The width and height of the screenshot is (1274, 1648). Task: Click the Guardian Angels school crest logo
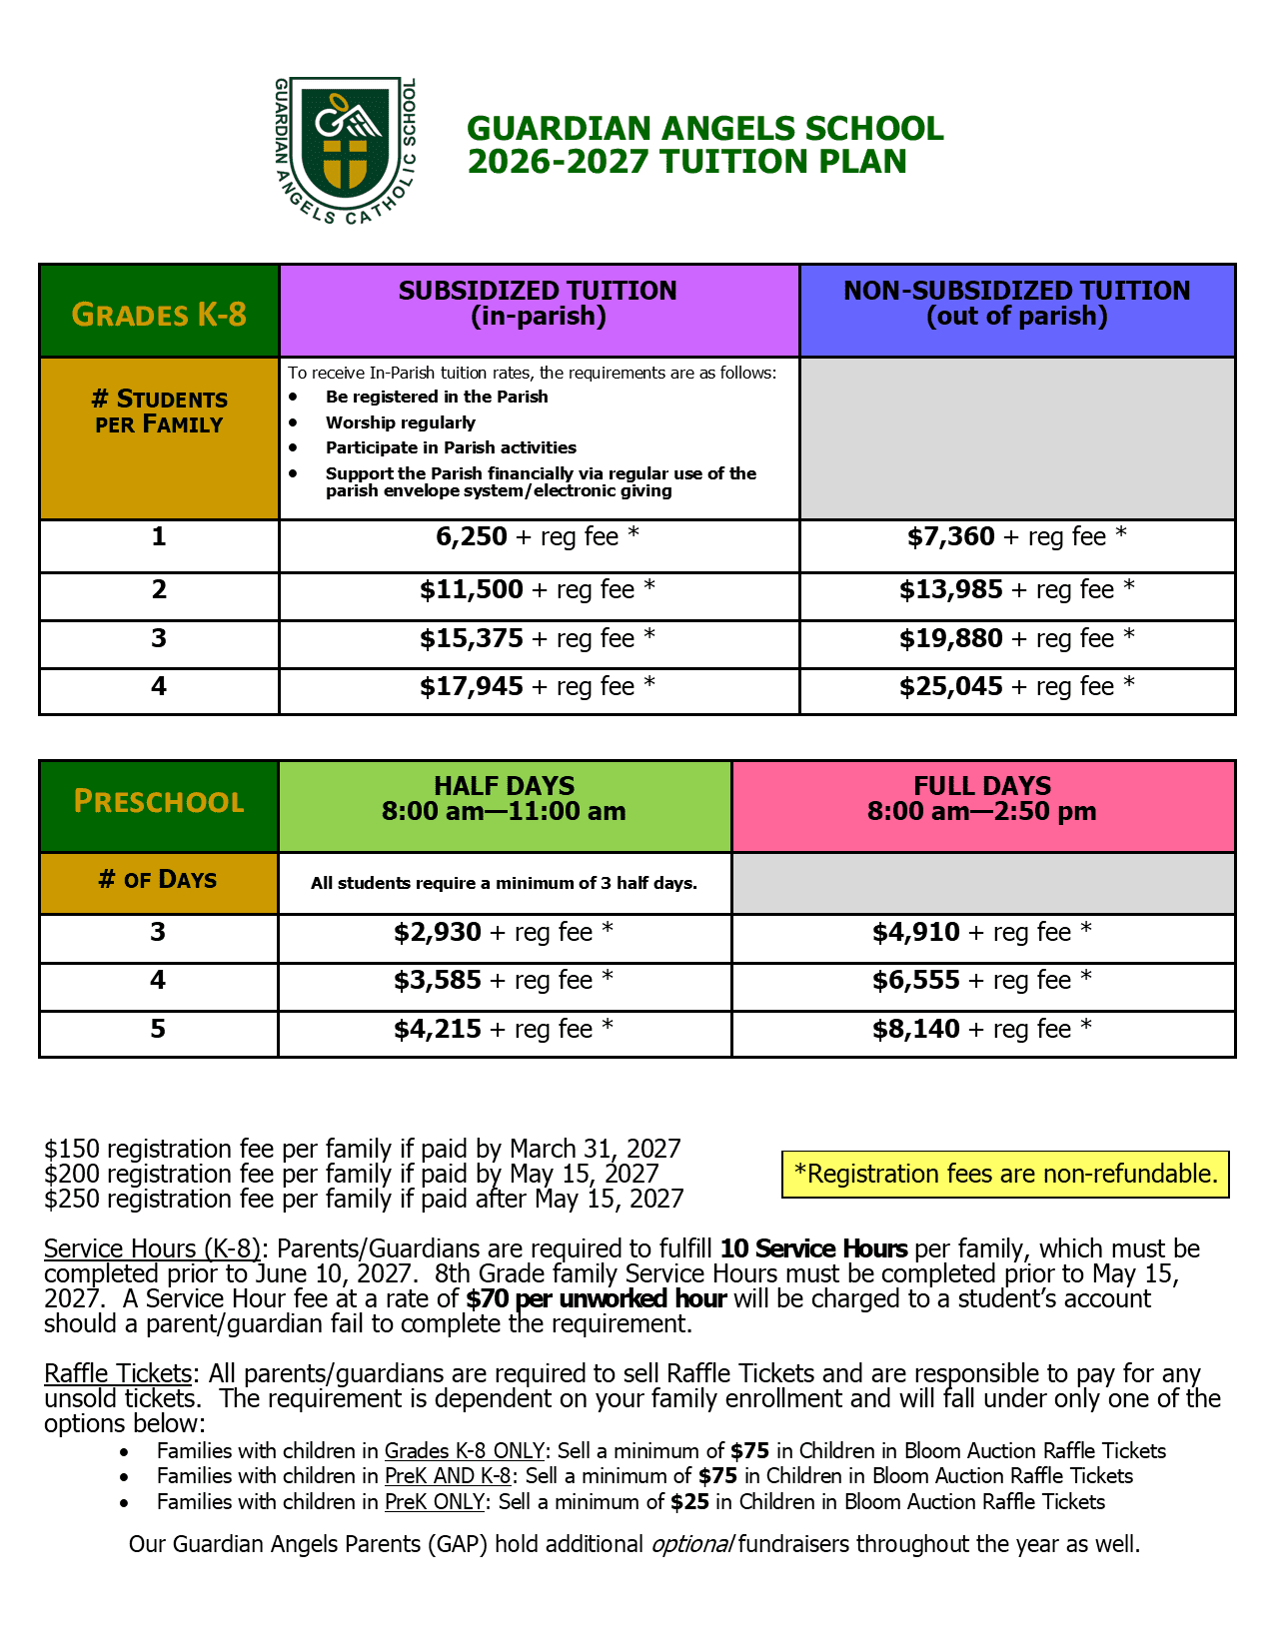346,150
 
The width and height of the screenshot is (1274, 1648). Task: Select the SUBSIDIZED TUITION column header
538,304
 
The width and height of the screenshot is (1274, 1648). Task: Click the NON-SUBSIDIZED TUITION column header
1017,304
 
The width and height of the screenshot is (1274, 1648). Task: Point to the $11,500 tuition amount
472,590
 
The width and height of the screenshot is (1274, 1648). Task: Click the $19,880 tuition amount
950,638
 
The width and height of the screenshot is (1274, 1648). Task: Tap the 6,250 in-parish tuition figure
472,537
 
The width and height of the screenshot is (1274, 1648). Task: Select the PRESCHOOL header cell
159,802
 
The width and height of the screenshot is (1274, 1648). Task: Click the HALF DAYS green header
504,799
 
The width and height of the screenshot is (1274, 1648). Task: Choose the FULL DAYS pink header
982,799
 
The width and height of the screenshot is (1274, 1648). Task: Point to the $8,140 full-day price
916,1030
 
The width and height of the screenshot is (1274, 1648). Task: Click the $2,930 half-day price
438,933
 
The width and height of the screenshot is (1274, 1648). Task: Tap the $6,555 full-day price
916,981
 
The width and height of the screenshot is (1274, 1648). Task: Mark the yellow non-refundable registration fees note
1005,1174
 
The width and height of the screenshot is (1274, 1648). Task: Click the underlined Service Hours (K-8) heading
152,1249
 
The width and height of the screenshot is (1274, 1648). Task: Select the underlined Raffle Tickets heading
118,1374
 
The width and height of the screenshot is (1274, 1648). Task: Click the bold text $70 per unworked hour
596,1299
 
